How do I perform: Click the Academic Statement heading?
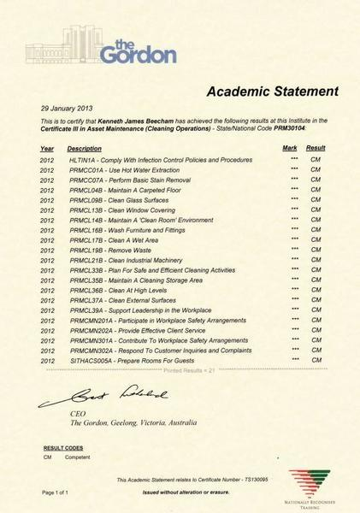tap(272, 91)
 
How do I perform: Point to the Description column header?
tap(84, 149)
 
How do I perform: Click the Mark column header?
tap(290, 149)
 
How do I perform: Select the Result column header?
tap(316, 149)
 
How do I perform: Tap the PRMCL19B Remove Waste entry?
tap(114, 250)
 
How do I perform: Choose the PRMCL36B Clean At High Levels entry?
tap(123, 291)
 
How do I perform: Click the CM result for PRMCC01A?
tap(315, 170)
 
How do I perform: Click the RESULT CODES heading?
tap(63, 447)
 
